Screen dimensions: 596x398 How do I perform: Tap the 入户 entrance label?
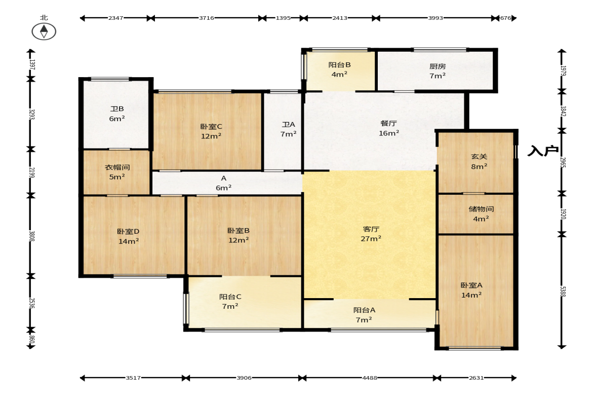click(x=543, y=151)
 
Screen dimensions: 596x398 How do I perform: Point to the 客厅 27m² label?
click(x=371, y=234)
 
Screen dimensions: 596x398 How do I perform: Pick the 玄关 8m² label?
click(x=480, y=161)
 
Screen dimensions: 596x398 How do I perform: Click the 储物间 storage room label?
click(x=481, y=209)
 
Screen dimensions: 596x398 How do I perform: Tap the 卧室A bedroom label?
click(x=471, y=285)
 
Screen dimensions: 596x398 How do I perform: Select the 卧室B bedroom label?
click(x=239, y=231)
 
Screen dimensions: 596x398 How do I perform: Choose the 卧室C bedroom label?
click(x=211, y=126)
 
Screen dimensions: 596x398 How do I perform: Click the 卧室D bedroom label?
click(x=128, y=231)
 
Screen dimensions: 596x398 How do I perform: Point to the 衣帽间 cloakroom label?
click(x=117, y=167)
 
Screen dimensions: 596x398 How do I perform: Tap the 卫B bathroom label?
click(x=117, y=109)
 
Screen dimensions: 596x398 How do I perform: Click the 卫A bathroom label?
click(x=289, y=124)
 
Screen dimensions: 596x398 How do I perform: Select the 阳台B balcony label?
click(x=339, y=65)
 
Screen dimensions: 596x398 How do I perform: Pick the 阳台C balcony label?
click(x=230, y=297)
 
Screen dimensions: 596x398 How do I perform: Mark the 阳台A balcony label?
click(x=364, y=310)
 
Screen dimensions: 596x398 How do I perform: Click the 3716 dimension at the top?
click(x=207, y=18)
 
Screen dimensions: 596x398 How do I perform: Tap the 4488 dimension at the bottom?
click(x=370, y=378)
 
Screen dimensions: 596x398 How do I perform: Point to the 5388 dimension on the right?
click(x=562, y=291)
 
